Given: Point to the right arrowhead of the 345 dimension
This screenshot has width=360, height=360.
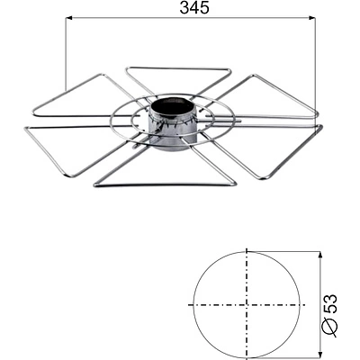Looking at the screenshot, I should point(310,18).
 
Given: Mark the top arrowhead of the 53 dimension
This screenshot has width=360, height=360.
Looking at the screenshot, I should point(319,255).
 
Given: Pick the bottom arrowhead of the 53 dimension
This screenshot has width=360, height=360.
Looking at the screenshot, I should point(319,355).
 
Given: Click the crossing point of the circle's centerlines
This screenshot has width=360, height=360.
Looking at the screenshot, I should point(246,304).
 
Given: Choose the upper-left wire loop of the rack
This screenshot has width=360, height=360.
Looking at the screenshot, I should point(76,94).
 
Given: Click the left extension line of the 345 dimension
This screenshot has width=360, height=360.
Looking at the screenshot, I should point(66,63).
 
